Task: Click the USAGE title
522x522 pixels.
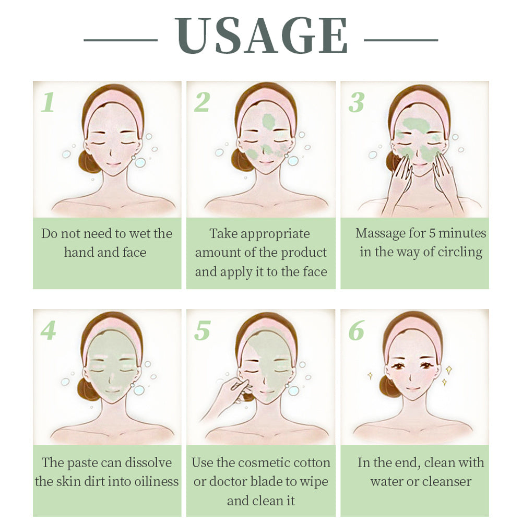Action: pos(261,35)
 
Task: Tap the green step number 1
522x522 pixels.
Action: pos(48,102)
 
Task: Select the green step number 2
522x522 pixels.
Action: pos(201,102)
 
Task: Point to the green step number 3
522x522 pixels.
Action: pos(356,102)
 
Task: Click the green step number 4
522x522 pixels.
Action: pos(48,331)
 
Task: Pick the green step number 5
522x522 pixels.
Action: pos(201,331)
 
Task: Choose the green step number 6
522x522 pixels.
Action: pos(356,331)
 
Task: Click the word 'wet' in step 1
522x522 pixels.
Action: pos(133,234)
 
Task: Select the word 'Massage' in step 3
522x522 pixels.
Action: pos(380,233)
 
